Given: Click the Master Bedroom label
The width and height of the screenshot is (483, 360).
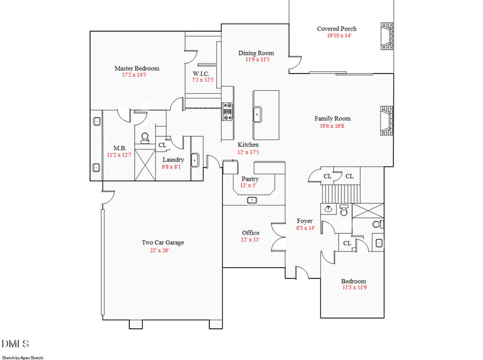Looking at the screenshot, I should pos(136,68).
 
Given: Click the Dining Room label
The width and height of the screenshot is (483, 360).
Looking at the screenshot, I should pos(256,53).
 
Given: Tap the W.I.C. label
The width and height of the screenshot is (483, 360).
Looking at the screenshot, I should pos(201,74).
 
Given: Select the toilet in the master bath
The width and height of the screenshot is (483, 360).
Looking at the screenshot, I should pos(144,138).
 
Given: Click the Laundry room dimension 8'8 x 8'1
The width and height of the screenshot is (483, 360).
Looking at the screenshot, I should pos(173,167).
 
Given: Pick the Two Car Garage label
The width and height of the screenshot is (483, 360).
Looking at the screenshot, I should pos(163,243).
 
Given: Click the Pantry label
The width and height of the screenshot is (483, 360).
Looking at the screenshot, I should pos(250,179).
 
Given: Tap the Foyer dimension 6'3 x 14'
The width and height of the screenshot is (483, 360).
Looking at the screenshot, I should pos(305,228).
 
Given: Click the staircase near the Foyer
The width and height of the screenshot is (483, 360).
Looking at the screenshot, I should pos(339,192).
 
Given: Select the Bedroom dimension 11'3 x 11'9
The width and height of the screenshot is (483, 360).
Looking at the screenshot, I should pos(354,288).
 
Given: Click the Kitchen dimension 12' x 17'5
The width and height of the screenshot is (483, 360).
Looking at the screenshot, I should pos(248,152).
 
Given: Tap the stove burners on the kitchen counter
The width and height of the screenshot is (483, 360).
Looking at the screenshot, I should pos(228,111).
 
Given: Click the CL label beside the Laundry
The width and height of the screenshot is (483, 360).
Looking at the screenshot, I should pos(163,145).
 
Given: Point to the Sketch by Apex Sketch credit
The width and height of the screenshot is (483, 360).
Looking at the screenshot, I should pos(23,357).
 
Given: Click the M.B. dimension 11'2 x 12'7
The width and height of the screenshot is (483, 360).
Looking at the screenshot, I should pos(119,155).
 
